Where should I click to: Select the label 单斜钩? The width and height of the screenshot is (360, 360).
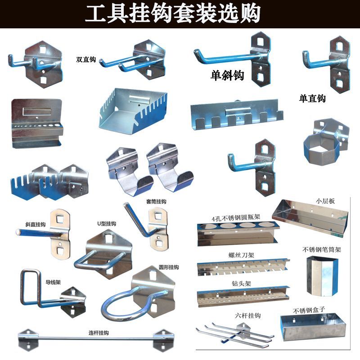coord(227,76)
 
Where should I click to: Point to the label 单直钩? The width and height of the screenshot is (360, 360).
coord(312,99)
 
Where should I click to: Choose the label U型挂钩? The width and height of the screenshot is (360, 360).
coord(107,224)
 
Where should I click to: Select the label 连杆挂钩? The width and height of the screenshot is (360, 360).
coord(98,333)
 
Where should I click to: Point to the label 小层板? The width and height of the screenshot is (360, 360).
coord(325,201)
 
